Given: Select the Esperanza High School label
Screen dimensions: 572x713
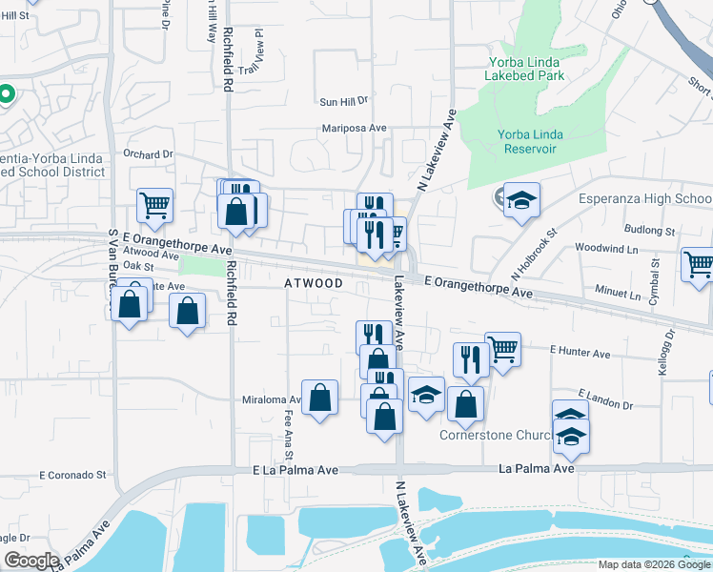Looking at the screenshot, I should pos(645,198).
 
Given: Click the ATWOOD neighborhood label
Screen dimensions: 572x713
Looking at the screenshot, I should pos(314,283).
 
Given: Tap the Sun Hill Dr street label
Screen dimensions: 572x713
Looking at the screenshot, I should pos(343,100).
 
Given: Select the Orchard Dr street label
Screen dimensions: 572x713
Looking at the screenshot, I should pos(149,153).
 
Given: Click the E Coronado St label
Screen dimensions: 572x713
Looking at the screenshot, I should pos(72,474).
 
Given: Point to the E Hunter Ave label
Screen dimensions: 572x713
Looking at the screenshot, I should pos(580,353).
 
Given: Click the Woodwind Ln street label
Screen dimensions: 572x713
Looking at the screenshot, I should pos(606,247).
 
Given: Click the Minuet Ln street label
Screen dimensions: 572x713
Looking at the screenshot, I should pos(621,295).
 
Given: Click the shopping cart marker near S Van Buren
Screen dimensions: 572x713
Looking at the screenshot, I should pos(154,203).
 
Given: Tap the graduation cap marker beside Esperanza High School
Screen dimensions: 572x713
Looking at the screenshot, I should pos(521,199).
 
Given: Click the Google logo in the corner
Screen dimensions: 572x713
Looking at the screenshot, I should pos(31,562).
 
